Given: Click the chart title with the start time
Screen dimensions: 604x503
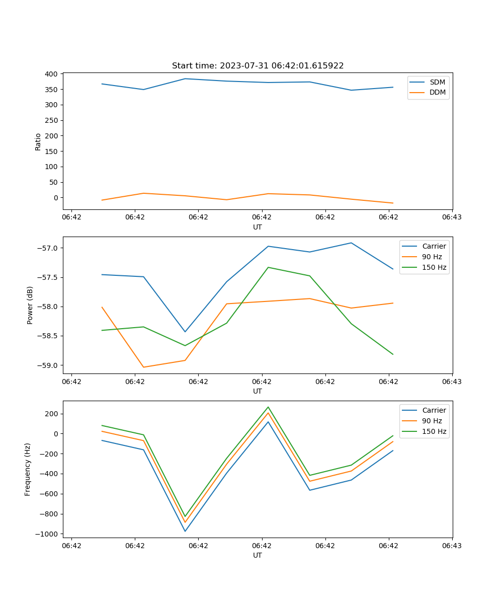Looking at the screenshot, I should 258,66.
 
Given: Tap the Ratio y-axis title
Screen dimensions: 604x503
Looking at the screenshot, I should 38,141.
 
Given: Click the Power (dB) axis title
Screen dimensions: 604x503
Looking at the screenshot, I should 30,305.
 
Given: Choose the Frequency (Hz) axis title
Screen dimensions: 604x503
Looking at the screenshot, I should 28,469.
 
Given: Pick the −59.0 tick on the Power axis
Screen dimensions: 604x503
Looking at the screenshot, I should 48,365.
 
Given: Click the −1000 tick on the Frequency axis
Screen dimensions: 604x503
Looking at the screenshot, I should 47,534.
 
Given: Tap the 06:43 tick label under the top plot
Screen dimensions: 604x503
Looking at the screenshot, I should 452,217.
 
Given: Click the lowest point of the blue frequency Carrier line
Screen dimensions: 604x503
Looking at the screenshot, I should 185,531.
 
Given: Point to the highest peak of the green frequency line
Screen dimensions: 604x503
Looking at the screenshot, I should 268,407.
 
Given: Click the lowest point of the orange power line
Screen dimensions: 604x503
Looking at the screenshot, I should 143,367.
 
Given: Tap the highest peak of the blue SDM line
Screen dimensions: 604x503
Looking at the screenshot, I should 185,79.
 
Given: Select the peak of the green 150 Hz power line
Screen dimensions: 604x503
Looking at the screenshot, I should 268,267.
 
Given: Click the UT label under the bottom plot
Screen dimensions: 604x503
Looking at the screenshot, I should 258,555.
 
